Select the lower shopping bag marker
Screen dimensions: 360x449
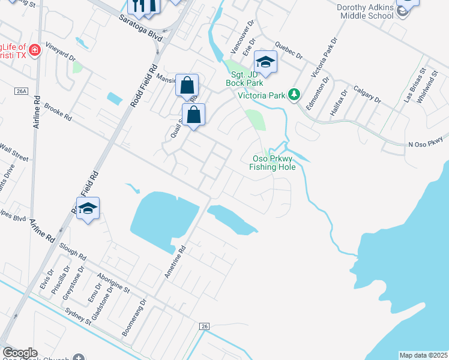[x=193, y=115]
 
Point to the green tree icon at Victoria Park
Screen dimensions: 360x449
[x=294, y=94]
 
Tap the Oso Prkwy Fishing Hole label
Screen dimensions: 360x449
[x=274, y=163]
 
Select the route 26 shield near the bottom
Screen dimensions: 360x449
[x=204, y=326]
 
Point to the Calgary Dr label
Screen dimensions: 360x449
[x=367, y=94]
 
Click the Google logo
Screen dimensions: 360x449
[x=20, y=353]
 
